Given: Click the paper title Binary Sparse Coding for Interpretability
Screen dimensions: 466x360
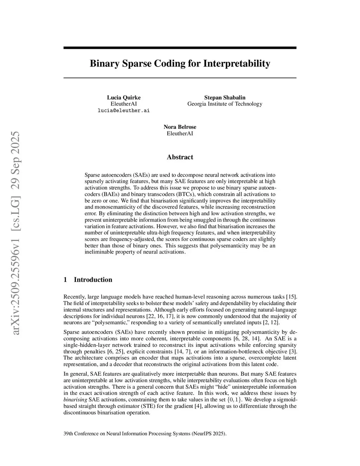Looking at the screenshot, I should click(x=180, y=64).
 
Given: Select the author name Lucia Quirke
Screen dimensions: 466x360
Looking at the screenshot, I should click(x=124, y=97).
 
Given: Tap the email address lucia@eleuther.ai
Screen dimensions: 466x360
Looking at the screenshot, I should click(x=123, y=110).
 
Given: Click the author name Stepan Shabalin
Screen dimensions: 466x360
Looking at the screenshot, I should click(x=225, y=97).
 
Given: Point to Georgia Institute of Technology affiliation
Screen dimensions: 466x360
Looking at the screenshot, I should click(x=225, y=104).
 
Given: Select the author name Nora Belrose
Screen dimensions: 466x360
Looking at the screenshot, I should click(x=180, y=127).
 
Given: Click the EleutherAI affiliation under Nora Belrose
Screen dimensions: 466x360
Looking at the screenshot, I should click(x=180, y=133).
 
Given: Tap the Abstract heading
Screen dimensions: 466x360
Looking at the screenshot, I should click(x=180, y=157).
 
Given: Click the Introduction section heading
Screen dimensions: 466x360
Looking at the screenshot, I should click(x=93, y=280).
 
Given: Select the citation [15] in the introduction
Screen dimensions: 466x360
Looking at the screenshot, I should click(x=291, y=297).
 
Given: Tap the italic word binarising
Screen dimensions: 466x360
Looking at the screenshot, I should click(x=75, y=400).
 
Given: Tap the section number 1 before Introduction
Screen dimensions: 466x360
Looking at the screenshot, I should click(x=65, y=280).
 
